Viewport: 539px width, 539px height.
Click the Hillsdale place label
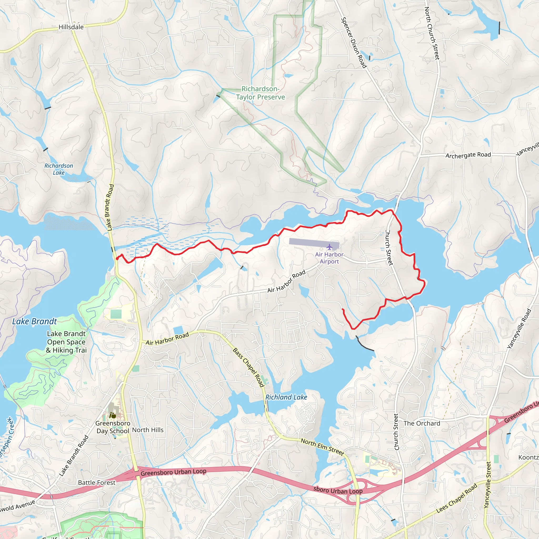tap(71, 27)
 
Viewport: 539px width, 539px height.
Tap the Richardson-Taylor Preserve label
tap(260, 93)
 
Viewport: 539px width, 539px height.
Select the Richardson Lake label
tap(59, 169)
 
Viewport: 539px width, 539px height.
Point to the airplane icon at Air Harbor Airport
tap(330, 247)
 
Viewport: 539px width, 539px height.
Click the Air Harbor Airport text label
tap(329, 258)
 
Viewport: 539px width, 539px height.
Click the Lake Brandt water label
tap(34, 321)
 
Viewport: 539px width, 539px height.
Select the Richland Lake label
tap(286, 397)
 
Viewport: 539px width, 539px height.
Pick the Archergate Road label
tap(468, 155)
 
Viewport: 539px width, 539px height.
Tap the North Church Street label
tap(432, 33)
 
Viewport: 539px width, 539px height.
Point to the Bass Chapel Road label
tap(248, 367)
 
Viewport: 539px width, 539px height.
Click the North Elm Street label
tap(322, 447)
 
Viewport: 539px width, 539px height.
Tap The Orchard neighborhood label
tap(422, 423)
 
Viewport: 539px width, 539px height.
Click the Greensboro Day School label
tap(113, 427)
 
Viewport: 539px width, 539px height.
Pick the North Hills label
tap(148, 430)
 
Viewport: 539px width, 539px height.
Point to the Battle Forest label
tap(97, 483)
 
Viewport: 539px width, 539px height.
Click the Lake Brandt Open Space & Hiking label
tap(66, 342)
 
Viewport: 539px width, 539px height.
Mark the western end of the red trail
tap(117, 259)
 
